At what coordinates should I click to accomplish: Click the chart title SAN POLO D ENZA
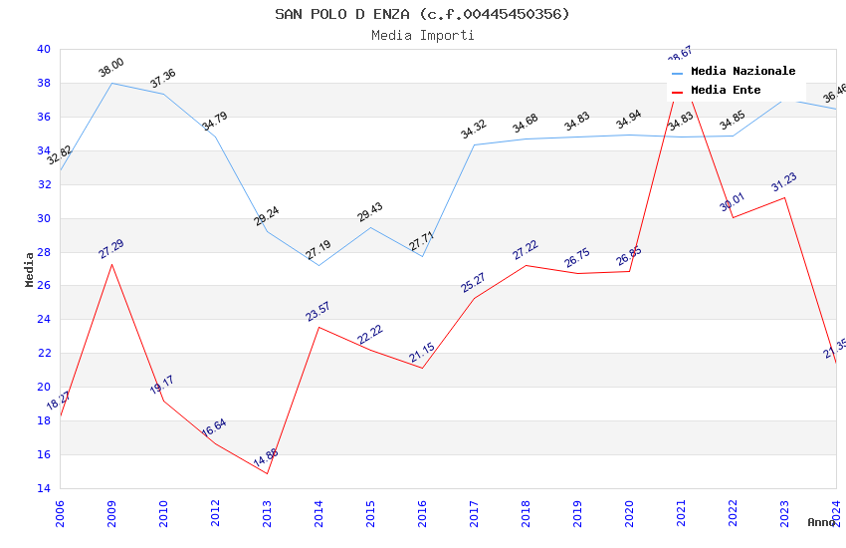coord(422,14)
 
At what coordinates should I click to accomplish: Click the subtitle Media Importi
coord(422,35)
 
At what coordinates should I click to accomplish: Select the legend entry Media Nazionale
coord(742,72)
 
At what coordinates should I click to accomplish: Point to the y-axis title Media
coord(30,269)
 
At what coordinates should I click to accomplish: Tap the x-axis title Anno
coord(821,522)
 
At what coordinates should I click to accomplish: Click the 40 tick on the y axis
coord(43,49)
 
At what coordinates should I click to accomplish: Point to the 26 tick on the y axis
coord(43,286)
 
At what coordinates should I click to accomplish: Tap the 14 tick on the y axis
coord(43,488)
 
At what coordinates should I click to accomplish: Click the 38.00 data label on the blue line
coord(111,68)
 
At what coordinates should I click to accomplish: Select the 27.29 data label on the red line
coord(111,249)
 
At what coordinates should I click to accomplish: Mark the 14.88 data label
coord(266,458)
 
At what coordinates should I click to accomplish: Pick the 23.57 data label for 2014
coord(318,312)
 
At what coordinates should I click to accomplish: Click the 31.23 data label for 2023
coord(784,182)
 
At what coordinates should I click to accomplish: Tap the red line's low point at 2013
coord(267,473)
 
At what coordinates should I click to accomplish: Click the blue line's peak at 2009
coord(111,83)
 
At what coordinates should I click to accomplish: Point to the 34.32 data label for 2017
coord(474,130)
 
